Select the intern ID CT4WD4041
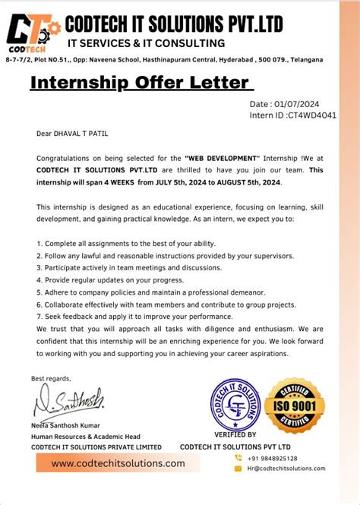coord(311,115)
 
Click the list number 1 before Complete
coord(39,244)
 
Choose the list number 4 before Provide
coord(39,280)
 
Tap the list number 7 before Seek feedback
coord(39,316)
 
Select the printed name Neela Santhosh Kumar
coord(65,426)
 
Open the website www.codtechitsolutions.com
coord(118,463)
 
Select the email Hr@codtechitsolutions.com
coord(286,469)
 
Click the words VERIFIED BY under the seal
coord(235,435)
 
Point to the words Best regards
coord(51,378)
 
